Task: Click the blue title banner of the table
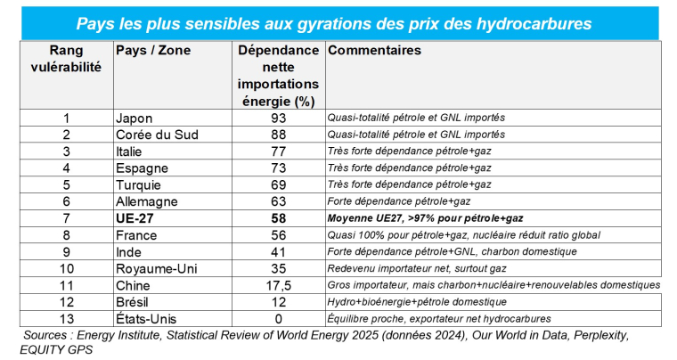(x=338, y=22)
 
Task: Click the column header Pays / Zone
(x=153, y=51)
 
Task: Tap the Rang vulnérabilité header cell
(x=66, y=58)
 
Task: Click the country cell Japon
(x=135, y=118)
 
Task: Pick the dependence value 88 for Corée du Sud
(x=279, y=135)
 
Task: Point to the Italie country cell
(x=131, y=151)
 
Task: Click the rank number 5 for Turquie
(x=66, y=184)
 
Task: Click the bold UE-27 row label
(x=136, y=218)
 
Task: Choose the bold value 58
(x=279, y=218)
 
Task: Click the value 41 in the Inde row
(x=279, y=252)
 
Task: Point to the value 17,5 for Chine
(x=279, y=285)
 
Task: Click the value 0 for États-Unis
(x=279, y=319)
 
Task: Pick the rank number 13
(x=66, y=319)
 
